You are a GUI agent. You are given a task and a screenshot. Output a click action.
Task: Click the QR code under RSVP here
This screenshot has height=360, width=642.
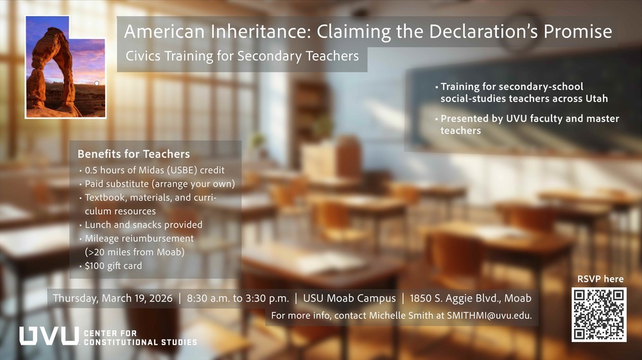click(x=599, y=314)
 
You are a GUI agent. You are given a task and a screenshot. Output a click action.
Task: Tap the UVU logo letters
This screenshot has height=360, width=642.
click(x=49, y=336)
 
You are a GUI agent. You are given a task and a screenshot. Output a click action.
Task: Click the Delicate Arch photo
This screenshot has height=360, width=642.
click(x=65, y=67)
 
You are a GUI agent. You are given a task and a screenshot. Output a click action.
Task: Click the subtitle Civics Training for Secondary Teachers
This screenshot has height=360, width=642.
click(x=242, y=56)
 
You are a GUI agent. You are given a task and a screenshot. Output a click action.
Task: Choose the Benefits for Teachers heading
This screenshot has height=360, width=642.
click(x=134, y=154)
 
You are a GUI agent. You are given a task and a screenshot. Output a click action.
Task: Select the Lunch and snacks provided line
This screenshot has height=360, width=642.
click(x=143, y=225)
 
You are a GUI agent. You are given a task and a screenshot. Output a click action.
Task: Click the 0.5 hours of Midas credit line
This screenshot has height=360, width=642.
click(x=154, y=170)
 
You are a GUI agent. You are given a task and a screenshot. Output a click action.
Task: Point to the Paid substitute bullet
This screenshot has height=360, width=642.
click(x=159, y=184)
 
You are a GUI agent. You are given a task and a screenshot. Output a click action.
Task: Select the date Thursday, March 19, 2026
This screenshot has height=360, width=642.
click(x=112, y=298)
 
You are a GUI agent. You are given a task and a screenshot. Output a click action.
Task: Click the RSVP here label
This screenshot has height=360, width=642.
click(x=600, y=279)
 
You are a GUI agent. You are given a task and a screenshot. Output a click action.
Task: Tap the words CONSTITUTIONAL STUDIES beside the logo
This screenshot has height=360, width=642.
click(x=140, y=341)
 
